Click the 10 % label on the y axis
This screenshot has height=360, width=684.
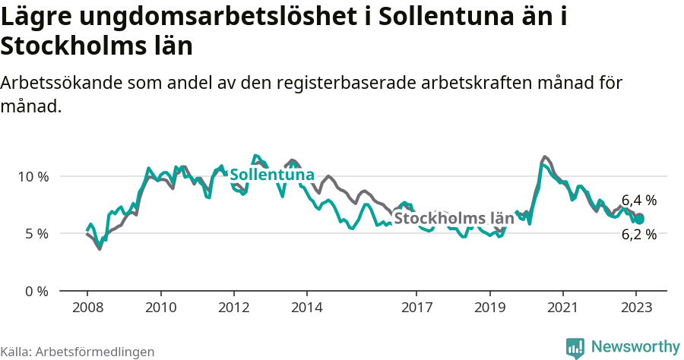point(33,176)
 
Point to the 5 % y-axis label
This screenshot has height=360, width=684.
point(36,234)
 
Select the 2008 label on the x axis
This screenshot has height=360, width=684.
point(87,308)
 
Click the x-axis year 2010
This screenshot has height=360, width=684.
point(160,308)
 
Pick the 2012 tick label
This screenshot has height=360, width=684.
point(233,308)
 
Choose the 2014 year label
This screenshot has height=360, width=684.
point(307,308)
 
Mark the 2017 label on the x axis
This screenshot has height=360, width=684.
point(416,308)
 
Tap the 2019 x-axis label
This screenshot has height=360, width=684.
point(489,308)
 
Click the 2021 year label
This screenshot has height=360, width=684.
point(562,308)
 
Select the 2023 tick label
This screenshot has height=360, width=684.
point(635,308)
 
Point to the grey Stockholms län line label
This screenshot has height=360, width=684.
point(454,219)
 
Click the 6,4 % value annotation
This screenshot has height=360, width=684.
point(638,201)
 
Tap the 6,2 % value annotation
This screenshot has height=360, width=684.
point(638,235)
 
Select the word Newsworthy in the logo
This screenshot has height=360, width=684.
point(635,346)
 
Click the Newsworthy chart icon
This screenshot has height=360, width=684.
point(575,347)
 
